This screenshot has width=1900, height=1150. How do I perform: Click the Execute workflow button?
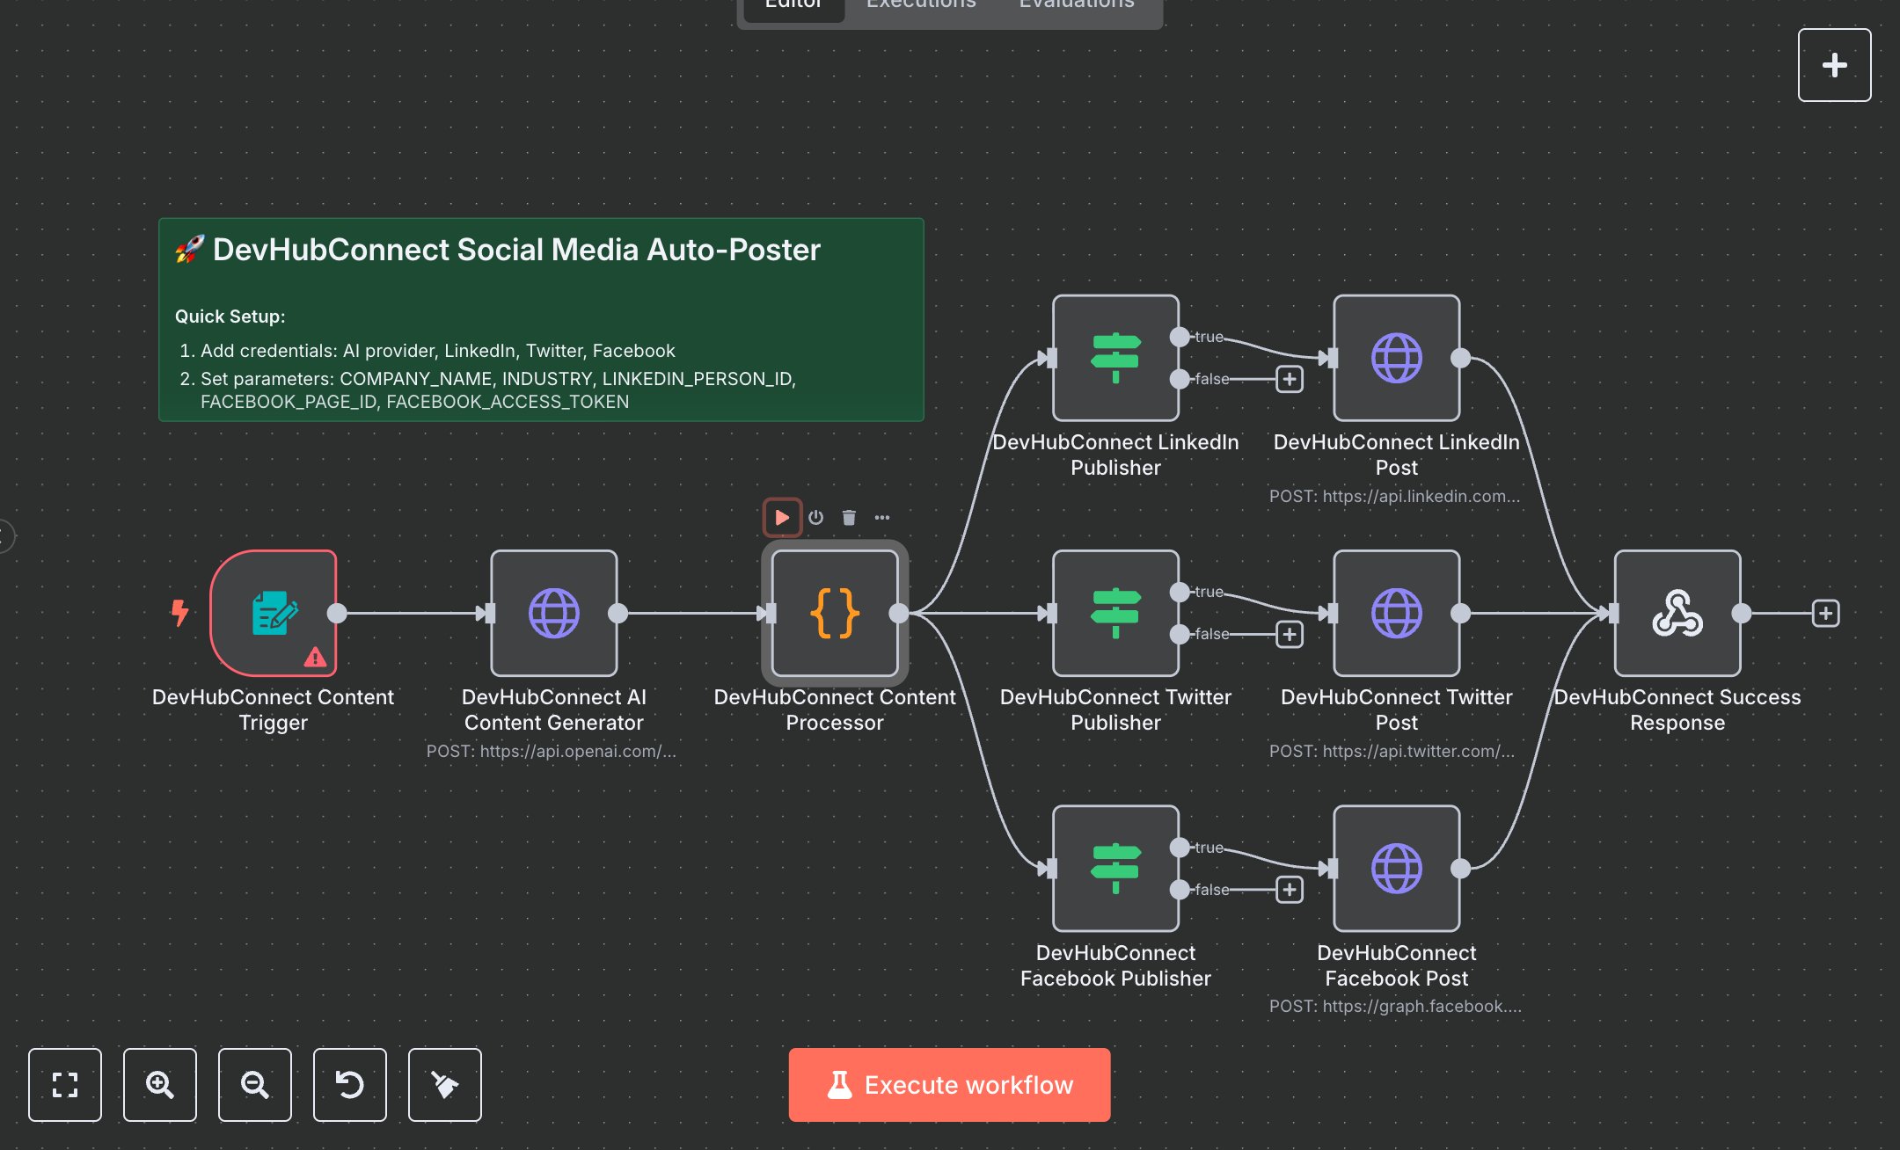coord(949,1084)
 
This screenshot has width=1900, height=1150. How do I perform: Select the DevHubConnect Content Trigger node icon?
coord(274,613)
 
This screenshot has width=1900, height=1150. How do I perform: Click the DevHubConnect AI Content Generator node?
coord(554,613)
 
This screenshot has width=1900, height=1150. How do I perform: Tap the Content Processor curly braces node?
coord(834,613)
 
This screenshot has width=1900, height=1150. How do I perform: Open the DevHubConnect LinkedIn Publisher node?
coord(1115,358)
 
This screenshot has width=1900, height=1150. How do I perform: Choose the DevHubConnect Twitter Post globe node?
coord(1396,613)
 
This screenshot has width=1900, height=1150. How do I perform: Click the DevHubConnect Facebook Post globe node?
coord(1396,869)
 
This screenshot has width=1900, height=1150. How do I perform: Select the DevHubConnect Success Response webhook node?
coord(1677,613)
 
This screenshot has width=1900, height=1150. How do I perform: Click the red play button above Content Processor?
coord(781,517)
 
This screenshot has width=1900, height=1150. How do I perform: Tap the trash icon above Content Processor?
coord(849,517)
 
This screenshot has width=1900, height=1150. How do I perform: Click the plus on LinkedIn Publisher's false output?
coord(1290,379)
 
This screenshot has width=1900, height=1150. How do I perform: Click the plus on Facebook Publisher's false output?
coord(1290,890)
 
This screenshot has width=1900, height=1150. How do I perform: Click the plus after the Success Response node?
coord(1825,613)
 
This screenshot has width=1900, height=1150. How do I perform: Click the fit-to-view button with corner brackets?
coord(65,1084)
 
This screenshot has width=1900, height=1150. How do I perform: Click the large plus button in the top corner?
coord(1834,65)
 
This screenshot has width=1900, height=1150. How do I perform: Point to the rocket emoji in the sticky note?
coord(189,250)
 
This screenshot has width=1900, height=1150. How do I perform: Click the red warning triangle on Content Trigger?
coord(315,657)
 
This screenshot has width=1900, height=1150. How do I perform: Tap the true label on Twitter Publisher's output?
coord(1209,592)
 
